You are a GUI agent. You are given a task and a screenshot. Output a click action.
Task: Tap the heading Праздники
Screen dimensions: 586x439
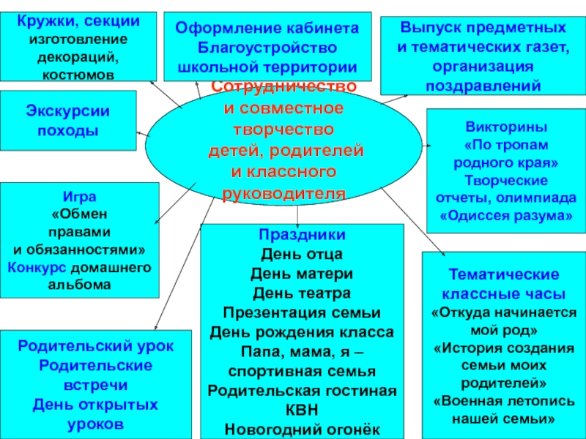pyautogui.click(x=302, y=236)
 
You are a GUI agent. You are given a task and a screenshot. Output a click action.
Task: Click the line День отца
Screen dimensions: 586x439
pyautogui.click(x=302, y=255)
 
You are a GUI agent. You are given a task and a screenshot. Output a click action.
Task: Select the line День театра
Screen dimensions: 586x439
pyautogui.click(x=302, y=293)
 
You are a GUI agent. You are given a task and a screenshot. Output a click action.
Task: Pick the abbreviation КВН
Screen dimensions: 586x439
pyautogui.click(x=302, y=410)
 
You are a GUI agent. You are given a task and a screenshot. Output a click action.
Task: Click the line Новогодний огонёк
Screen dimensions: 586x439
pyautogui.click(x=302, y=429)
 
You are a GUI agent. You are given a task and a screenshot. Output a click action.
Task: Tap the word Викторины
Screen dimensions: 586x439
pyautogui.click(x=505, y=124)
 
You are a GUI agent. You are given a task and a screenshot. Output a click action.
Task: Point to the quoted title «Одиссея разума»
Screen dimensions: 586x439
pyautogui.click(x=505, y=217)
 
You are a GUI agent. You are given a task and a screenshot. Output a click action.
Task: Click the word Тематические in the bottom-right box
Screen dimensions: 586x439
pyautogui.click(x=504, y=275)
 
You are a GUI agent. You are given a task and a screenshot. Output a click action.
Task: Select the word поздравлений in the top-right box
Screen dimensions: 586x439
pyautogui.click(x=483, y=85)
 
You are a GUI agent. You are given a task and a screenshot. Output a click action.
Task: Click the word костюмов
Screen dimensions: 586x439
pyautogui.click(x=78, y=74)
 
